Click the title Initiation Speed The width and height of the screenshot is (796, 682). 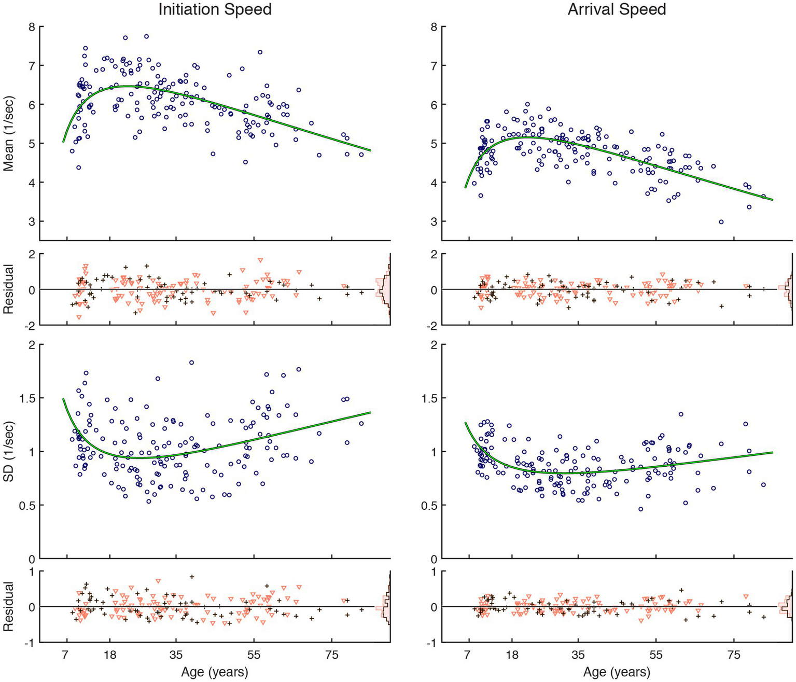(215, 9)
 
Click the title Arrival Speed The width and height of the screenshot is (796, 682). (617, 9)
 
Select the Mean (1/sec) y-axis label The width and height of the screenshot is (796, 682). (8, 134)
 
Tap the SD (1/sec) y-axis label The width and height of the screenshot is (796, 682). (8, 451)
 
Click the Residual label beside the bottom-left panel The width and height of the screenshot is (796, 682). (8, 606)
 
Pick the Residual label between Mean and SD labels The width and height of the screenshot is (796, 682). (8, 289)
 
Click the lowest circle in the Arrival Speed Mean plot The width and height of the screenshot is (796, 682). (721, 222)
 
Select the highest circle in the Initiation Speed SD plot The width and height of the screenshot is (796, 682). (191, 363)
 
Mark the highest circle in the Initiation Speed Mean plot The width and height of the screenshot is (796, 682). (146, 36)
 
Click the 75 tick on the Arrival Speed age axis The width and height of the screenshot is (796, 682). (734, 655)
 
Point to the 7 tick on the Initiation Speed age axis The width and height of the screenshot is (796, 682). (65, 655)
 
